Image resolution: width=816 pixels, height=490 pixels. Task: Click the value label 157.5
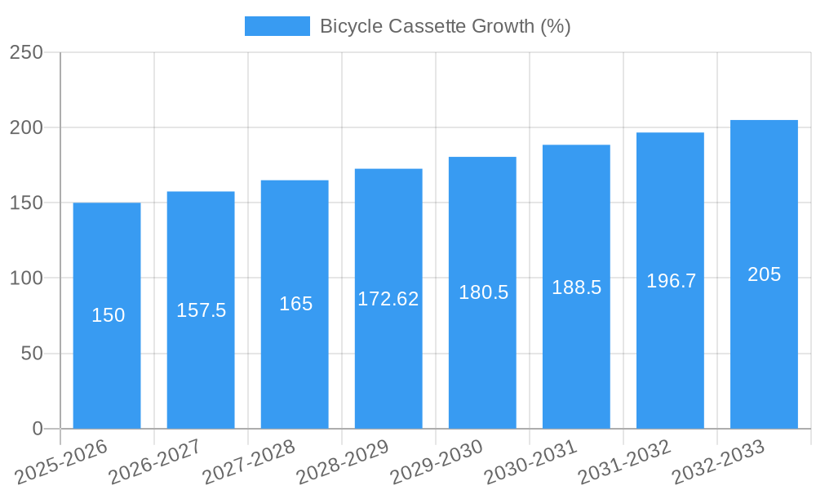tap(201, 310)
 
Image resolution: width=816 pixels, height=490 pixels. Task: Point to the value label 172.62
tap(388, 299)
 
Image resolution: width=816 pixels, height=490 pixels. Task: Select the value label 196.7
tap(671, 281)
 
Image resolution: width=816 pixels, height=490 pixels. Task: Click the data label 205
tap(764, 274)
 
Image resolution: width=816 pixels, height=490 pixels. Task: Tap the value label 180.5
tap(483, 292)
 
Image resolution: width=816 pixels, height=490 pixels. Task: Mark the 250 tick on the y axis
tap(26, 52)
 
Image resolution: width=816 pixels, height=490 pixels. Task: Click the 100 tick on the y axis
tap(26, 278)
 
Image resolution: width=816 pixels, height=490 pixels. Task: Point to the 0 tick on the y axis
tap(37, 429)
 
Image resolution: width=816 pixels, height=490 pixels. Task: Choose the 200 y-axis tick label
tap(26, 127)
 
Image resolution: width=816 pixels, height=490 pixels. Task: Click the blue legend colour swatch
tap(277, 26)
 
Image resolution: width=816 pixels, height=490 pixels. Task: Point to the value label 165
tap(295, 304)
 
